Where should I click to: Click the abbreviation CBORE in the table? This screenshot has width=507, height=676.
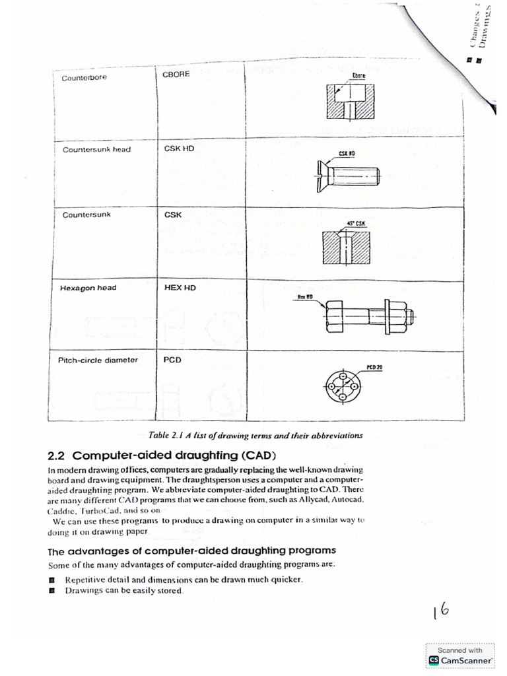(x=176, y=74)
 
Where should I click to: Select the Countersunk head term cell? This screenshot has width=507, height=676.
(x=96, y=149)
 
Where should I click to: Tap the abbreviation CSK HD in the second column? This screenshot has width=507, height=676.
(x=179, y=149)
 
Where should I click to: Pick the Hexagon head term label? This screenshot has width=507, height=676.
(x=89, y=288)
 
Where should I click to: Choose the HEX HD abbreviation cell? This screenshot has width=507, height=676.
(x=180, y=288)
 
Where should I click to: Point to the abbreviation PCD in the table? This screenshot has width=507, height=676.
(x=173, y=360)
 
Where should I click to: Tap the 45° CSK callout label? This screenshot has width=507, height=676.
(x=356, y=223)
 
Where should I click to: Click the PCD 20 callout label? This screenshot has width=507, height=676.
(x=374, y=366)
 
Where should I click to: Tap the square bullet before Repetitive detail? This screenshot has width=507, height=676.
(x=52, y=580)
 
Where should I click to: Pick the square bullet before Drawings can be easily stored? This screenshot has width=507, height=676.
(x=52, y=591)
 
